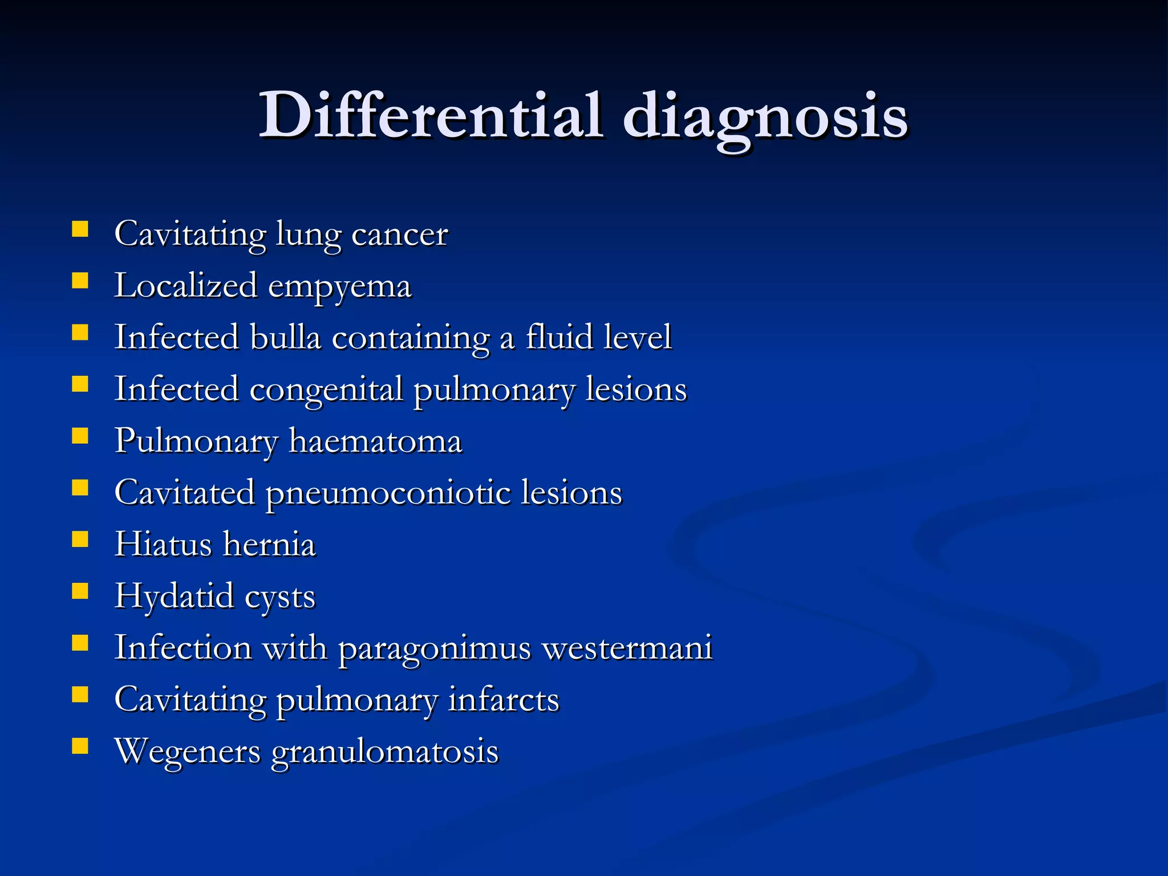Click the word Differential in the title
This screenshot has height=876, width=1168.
point(431,116)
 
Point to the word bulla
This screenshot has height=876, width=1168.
point(286,337)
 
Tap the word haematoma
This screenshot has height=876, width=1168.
point(375,441)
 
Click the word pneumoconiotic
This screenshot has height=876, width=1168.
point(388,493)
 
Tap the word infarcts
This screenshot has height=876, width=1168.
point(504,700)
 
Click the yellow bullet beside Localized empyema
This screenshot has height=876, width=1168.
point(80,281)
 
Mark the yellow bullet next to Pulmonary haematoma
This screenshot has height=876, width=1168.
point(80,436)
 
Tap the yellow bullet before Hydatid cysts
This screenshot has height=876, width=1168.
point(80,591)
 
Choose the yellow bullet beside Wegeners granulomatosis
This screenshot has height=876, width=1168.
point(80,746)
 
